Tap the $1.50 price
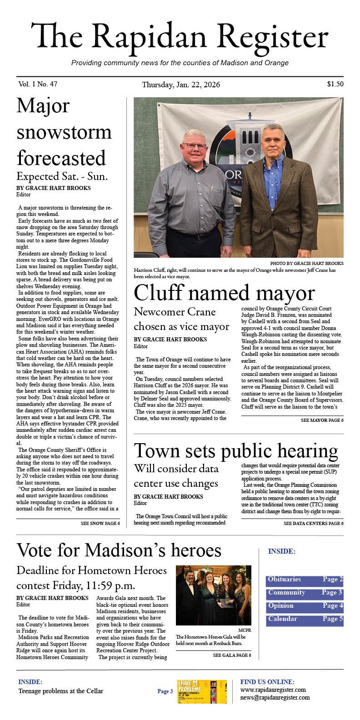(x=335, y=84)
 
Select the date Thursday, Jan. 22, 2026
(x=181, y=85)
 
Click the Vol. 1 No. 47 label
(x=38, y=84)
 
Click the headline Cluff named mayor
(x=224, y=293)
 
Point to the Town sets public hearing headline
(x=236, y=451)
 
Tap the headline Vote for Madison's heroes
(x=119, y=550)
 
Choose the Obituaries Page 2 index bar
(x=305, y=580)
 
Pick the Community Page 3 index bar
(x=305, y=593)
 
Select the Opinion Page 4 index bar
(x=305, y=606)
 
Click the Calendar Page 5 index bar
(x=305, y=619)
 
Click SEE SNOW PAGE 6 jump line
(x=100, y=524)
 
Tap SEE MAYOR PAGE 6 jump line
(x=322, y=420)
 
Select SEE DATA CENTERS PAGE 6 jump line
(x=313, y=524)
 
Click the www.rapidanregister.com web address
(x=273, y=690)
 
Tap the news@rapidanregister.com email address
(x=275, y=697)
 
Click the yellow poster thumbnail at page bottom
(x=202, y=692)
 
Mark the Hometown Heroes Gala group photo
(x=213, y=595)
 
